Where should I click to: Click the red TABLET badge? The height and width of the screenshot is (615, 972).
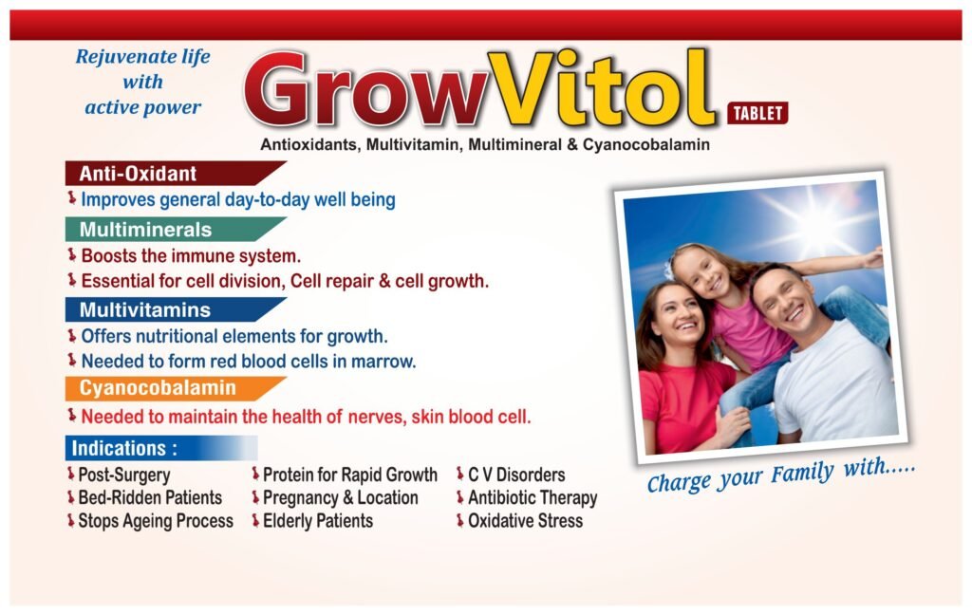757,113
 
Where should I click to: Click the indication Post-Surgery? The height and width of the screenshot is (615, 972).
124,475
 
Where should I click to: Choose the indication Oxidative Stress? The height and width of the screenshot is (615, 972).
525,521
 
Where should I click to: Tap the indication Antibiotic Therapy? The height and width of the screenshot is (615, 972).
533,498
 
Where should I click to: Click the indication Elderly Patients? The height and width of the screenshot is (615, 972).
318,521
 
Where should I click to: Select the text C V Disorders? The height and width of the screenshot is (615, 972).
516,475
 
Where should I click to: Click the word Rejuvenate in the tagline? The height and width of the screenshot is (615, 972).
117,56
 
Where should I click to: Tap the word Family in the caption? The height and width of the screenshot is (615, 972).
803,475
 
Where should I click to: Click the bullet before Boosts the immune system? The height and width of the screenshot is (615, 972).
72,254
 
